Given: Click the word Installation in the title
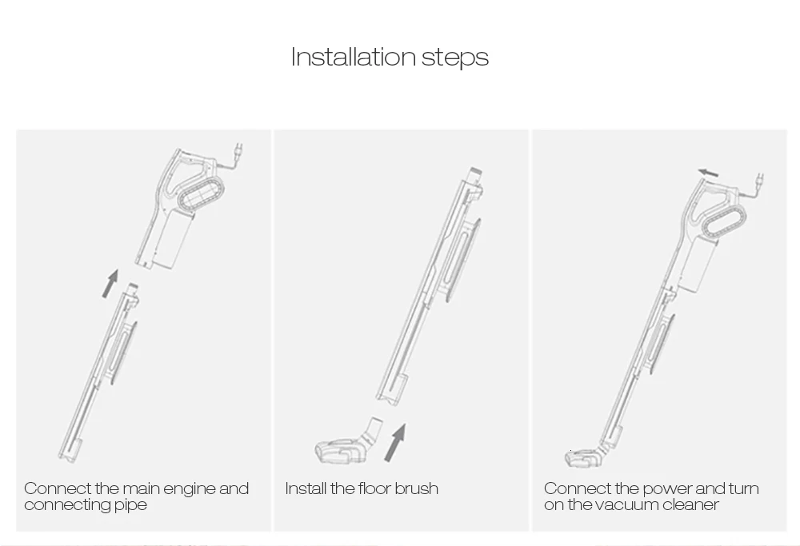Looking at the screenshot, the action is [353, 56].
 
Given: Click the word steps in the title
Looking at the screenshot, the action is [455, 58].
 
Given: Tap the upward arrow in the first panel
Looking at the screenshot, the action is [110, 284].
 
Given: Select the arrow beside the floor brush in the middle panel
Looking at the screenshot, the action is [396, 443].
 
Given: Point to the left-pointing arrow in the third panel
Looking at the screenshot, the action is [709, 173].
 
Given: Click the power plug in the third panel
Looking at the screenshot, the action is [760, 180].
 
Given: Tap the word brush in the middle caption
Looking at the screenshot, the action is [416, 488].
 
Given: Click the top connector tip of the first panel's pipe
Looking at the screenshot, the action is [133, 288].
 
